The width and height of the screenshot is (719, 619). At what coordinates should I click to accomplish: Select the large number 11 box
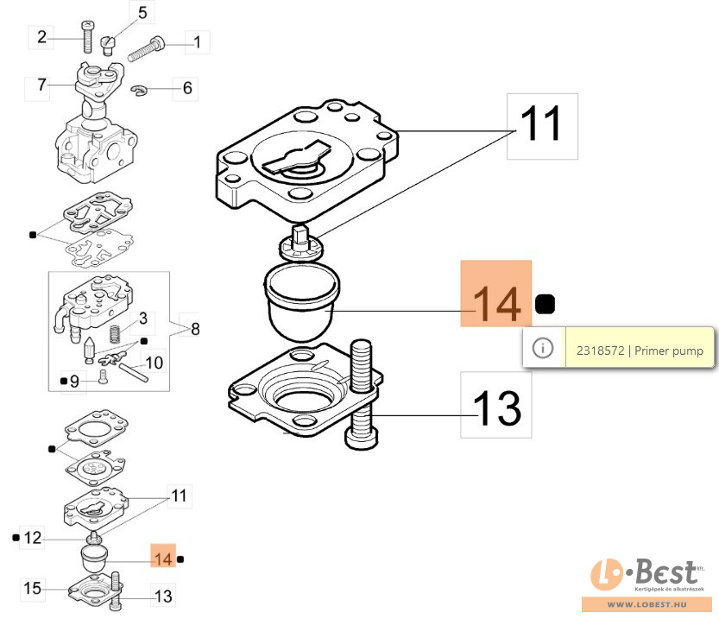pos(540,125)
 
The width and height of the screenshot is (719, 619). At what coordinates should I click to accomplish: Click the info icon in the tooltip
pos(542,349)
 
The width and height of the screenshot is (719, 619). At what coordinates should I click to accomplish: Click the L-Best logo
pos(650,574)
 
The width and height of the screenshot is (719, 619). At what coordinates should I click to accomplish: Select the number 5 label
pos(142,12)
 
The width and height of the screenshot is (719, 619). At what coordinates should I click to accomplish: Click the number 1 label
pos(196,41)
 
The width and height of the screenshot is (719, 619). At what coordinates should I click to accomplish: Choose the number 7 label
pos(41,85)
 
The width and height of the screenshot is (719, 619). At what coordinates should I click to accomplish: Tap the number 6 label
pos(187,87)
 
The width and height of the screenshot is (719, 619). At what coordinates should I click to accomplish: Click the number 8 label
pos(194,328)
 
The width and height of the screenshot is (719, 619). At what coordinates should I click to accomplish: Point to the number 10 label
pos(153,362)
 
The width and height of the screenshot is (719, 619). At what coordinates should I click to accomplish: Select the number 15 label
pos(32,589)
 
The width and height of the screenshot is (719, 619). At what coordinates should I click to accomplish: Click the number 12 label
pos(32,538)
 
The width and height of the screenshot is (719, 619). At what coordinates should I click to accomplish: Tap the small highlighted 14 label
pos(162,558)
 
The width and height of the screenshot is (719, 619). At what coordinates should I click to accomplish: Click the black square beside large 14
pos(545,304)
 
